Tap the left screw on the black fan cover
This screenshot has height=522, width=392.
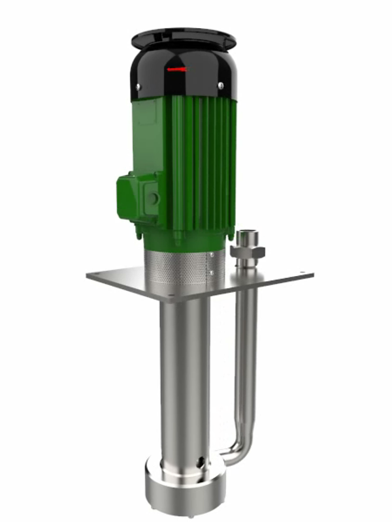tap(138, 86)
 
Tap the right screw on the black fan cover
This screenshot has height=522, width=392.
tap(220, 85)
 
